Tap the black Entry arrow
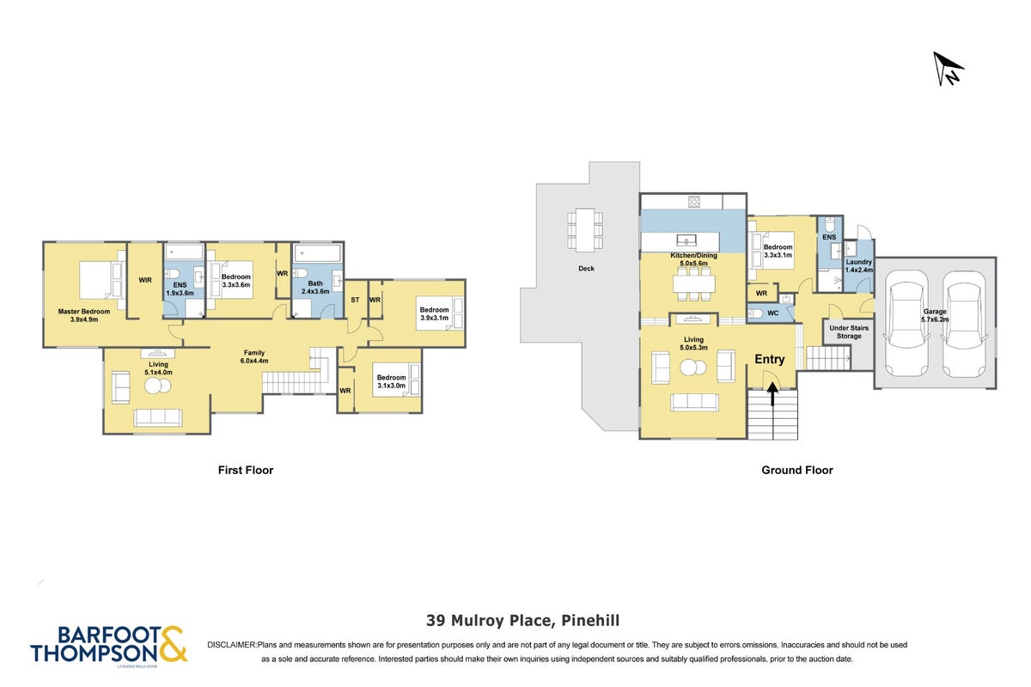pyautogui.click(x=772, y=394)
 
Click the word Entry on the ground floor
pyautogui.click(x=770, y=359)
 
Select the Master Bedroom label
pyautogui.click(x=84, y=315)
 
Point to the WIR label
pyautogui.click(x=145, y=280)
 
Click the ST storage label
pyautogui.click(x=355, y=300)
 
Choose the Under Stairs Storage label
pyautogui.click(x=849, y=331)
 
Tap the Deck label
pyautogui.click(x=586, y=268)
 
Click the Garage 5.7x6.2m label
pyautogui.click(x=935, y=315)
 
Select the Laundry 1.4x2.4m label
pyautogui.click(x=859, y=266)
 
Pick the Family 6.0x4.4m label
pyautogui.click(x=254, y=356)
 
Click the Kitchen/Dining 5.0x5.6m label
pyautogui.click(x=693, y=259)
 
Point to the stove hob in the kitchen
pyautogui.click(x=694, y=202)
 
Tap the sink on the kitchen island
pyautogui.click(x=686, y=240)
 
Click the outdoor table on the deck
pyautogui.click(x=585, y=230)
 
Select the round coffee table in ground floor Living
pyautogui.click(x=693, y=368)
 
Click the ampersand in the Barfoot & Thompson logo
pyautogui.click(x=173, y=644)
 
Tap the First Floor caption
pyautogui.click(x=246, y=471)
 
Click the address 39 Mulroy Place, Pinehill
pyautogui.click(x=523, y=621)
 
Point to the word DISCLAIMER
pyautogui.click(x=231, y=645)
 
